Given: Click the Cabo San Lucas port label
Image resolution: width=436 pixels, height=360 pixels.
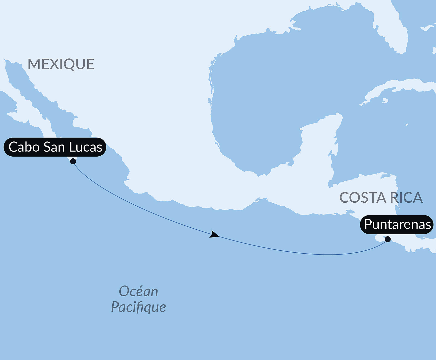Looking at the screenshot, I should tap(55, 147).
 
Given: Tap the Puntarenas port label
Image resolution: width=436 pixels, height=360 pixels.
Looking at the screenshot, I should tap(397, 224).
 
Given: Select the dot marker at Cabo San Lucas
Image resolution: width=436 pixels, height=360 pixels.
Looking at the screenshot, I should tap(73, 161).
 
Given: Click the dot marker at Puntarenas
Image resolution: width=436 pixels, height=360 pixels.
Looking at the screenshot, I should tap(388, 239).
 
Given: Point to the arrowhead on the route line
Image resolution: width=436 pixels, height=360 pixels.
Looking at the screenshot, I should tap(214, 235).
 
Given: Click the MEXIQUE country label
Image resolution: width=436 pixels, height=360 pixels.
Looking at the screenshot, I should tap(61, 64).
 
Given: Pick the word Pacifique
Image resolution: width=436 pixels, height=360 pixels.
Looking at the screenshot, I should tap(138, 307).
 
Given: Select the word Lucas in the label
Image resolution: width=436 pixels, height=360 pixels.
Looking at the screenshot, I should tap(86, 147).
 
